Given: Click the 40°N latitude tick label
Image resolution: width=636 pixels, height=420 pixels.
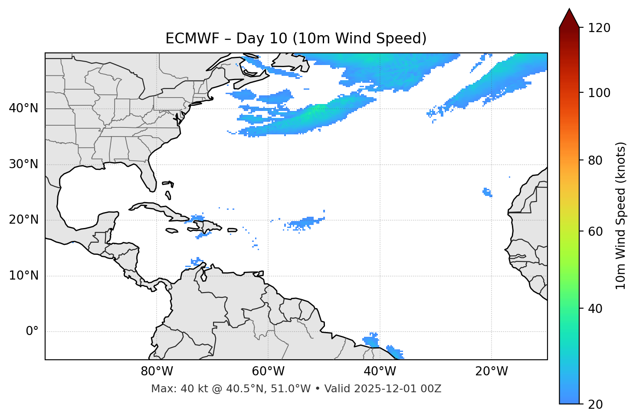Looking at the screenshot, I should click(23, 108).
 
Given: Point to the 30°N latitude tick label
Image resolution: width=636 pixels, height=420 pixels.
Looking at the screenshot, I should click(23, 164).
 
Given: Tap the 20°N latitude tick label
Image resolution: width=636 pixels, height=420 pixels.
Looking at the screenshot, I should click(23, 220).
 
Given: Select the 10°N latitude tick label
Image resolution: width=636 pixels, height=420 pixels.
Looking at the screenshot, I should click(23, 276).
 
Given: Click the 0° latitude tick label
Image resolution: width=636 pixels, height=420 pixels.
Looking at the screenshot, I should click(32, 332).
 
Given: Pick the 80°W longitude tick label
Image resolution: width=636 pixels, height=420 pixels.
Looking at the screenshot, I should click(157, 371).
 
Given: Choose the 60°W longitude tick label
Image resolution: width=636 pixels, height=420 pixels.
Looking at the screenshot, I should click(268, 371).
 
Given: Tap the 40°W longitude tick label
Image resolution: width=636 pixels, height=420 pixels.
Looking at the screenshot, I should click(380, 371).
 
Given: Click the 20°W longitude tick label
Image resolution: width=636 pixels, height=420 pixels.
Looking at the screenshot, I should click(492, 371).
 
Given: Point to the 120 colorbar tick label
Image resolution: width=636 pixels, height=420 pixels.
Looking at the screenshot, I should click(600, 28).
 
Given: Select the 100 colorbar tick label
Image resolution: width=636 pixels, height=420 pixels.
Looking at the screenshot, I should click(600, 93).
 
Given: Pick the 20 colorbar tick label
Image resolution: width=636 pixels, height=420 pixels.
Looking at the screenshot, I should click(596, 404).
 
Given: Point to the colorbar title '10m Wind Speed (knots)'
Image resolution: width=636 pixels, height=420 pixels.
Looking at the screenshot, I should click(621, 215).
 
